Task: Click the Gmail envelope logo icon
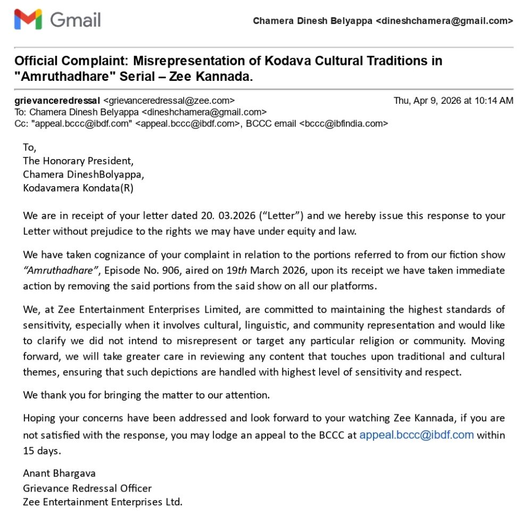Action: pos(28,20)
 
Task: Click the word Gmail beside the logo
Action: pos(75,20)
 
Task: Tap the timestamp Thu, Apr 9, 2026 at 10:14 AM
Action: pos(453,101)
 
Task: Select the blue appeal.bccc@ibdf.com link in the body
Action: pos(416,435)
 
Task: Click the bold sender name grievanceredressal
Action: pos(57,101)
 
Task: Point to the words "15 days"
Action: pos(42,451)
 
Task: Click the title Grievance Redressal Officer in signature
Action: pos(87,487)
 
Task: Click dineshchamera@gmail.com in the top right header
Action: pos(444,21)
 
